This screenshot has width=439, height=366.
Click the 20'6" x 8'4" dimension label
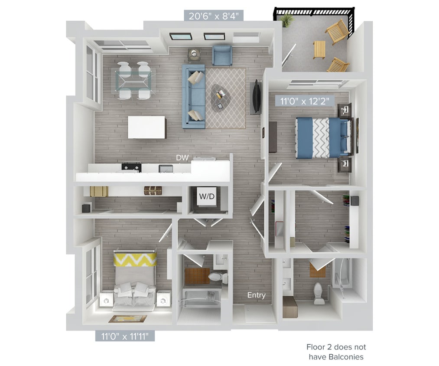pyautogui.click(x=214, y=16)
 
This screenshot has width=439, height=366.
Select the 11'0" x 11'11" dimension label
pyautogui.click(x=125, y=336)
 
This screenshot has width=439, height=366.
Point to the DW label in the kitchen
pyautogui.click(x=182, y=158)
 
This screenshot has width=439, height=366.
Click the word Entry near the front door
pyautogui.click(x=256, y=295)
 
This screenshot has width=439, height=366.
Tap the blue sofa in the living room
pyautogui.click(x=193, y=96)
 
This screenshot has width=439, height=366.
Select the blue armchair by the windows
pyautogui.click(x=222, y=55)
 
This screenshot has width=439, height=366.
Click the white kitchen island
pyautogui.click(x=146, y=127)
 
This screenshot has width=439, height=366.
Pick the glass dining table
pyautogui.click(x=133, y=80)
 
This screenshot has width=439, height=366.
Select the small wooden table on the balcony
pyautogui.click(x=319, y=49)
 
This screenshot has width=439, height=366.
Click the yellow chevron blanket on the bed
pyautogui.click(x=135, y=259)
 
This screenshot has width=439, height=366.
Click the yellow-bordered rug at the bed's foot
pyautogui.click(x=127, y=319)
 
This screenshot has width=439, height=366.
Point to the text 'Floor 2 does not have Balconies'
pyautogui.click(x=336, y=352)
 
